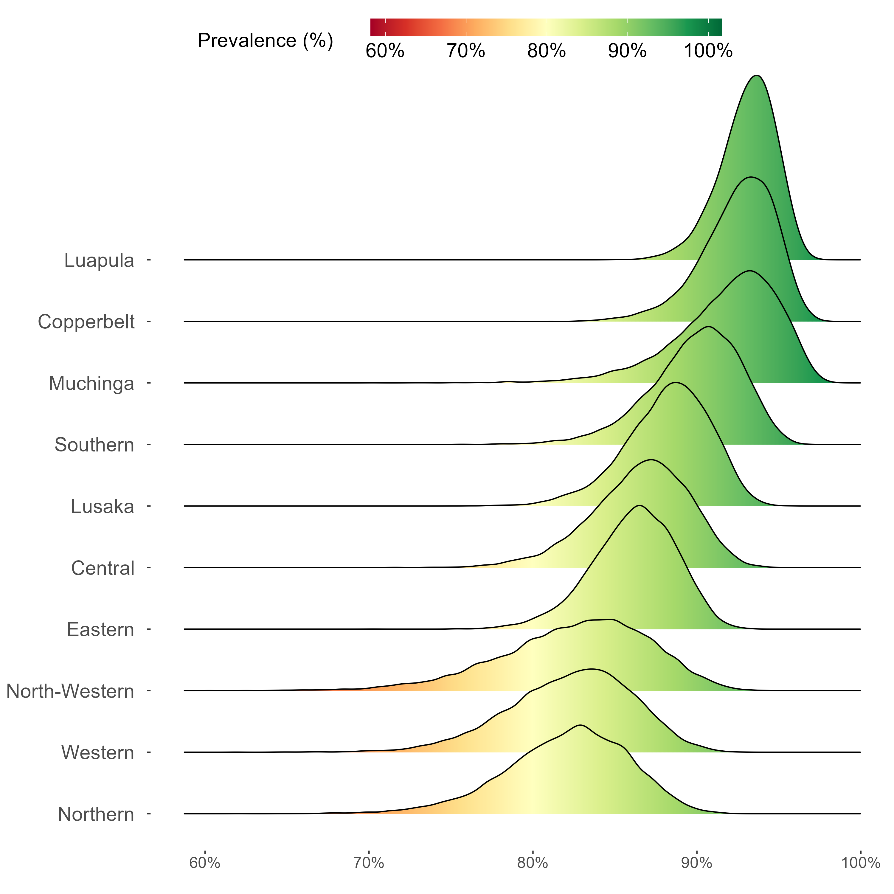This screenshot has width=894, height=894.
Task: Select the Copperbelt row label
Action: pyautogui.click(x=86, y=322)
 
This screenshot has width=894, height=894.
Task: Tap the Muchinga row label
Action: pyautogui.click(x=91, y=384)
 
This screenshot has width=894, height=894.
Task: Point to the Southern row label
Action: pyautogui.click(x=94, y=445)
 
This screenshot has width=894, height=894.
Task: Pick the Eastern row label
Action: pyautogui.click(x=100, y=630)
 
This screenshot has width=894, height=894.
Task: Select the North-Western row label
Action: pyautogui.click(x=70, y=691)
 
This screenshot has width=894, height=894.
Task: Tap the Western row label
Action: pyautogui.click(x=98, y=753)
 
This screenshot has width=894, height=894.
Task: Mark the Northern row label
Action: pyautogui.click(x=96, y=814)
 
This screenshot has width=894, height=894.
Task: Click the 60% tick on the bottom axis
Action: pyautogui.click(x=204, y=862)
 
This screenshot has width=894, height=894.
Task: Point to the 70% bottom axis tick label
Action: pyautogui.click(x=369, y=862)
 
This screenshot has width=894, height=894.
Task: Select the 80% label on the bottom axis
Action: pyautogui.click(x=533, y=862)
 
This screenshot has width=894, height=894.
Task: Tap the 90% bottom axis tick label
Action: pyautogui.click(x=696, y=862)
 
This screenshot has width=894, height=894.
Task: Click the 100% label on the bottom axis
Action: pyautogui.click(x=860, y=862)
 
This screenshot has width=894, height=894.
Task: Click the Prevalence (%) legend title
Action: pyautogui.click(x=265, y=41)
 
